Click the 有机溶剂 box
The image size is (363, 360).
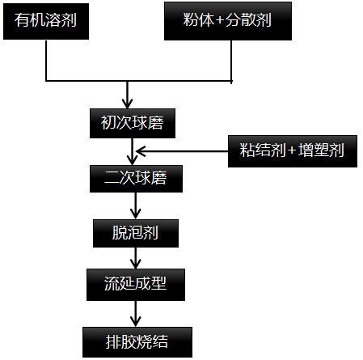46,21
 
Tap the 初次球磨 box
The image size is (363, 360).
131,122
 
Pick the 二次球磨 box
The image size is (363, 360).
135,177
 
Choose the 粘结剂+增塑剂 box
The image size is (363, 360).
292,150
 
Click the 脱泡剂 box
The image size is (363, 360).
135,233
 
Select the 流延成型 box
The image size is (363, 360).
135,286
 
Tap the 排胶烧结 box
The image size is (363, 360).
137,339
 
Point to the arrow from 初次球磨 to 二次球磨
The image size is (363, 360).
131,150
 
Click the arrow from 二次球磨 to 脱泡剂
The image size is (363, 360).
135,205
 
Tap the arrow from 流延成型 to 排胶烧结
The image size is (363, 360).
135,312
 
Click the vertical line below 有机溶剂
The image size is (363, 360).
47,61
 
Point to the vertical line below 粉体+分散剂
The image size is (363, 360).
232,61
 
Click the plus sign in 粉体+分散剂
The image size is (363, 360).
221,21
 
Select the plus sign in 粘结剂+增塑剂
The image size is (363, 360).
292,150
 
